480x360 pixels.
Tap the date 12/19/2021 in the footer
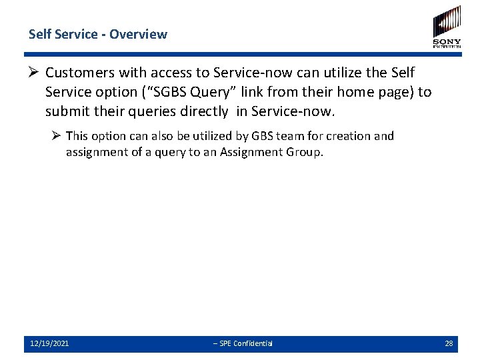49,343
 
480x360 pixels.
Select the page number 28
449,343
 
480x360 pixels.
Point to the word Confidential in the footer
253,343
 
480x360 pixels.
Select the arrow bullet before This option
56,136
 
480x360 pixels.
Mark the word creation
349,136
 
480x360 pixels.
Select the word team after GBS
291,136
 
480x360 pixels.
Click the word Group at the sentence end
304,152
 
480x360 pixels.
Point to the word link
265,92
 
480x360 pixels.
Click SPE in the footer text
225,343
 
